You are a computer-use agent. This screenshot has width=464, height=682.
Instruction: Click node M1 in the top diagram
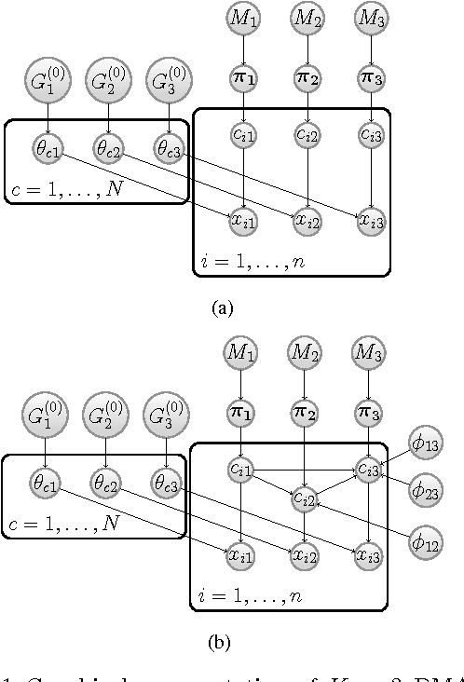[x=244, y=18]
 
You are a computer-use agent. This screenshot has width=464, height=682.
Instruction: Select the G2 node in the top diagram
[x=108, y=82]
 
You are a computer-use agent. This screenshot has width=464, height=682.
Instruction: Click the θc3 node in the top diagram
[x=169, y=149]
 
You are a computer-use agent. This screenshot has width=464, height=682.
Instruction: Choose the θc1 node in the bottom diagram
[x=45, y=484]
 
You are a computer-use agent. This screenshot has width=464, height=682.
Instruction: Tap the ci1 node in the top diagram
[x=244, y=136]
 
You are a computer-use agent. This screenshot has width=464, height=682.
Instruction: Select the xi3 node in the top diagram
[x=371, y=219]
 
